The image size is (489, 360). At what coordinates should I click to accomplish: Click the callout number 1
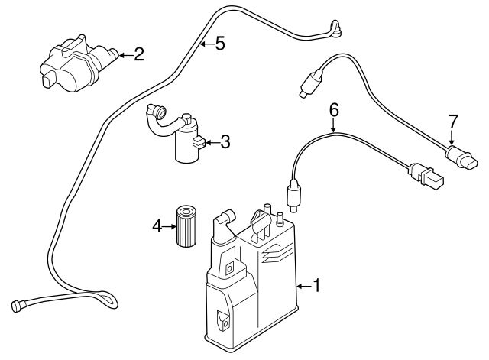point(318,287)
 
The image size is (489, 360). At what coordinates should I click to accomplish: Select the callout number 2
point(138,54)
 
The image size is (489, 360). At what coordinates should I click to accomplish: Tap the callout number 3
point(224,141)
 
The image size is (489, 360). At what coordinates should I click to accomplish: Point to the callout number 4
point(157,225)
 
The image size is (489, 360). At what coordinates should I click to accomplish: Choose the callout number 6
point(334,110)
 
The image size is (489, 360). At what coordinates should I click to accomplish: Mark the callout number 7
point(453,120)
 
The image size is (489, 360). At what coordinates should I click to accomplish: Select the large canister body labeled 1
point(248,287)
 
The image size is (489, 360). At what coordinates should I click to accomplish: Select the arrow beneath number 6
point(334,126)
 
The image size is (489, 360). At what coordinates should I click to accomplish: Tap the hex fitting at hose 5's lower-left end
point(16,305)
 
